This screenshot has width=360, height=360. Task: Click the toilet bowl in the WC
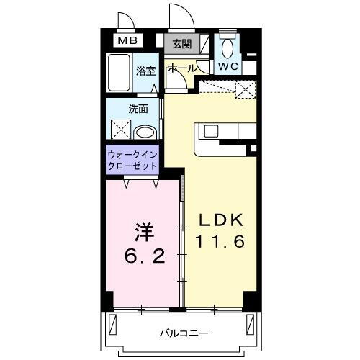[x=228, y=48]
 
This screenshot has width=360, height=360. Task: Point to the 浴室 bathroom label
[x=146, y=70]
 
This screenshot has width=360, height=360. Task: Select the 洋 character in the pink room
[x=141, y=232]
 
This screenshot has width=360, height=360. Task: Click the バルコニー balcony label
[x=184, y=333]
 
